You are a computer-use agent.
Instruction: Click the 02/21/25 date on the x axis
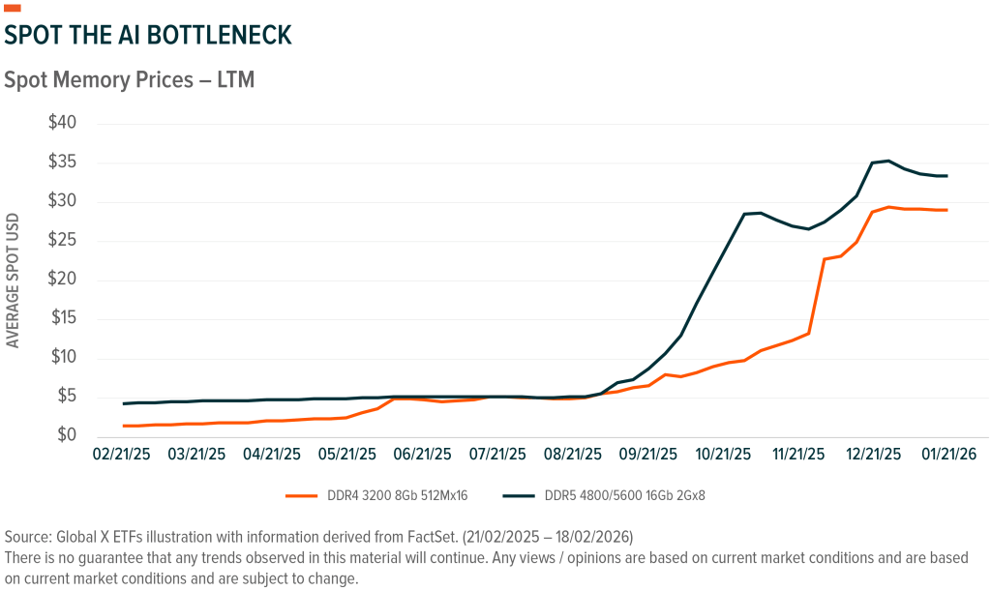coord(122,453)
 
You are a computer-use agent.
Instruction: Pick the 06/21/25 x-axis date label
coord(422,453)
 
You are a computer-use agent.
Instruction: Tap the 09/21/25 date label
coord(647,453)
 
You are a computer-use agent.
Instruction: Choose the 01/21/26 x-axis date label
coord(947,453)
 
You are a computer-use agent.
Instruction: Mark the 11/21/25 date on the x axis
coord(797,453)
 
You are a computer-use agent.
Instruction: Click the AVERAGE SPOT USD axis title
coord(14,281)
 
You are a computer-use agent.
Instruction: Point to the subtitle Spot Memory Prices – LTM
coord(130,79)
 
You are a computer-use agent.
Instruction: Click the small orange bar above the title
coord(13,9)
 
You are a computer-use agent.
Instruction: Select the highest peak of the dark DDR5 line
coord(888,161)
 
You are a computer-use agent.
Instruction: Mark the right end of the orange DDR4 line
coord(946,210)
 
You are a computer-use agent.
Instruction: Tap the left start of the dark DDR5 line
coord(123,403)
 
